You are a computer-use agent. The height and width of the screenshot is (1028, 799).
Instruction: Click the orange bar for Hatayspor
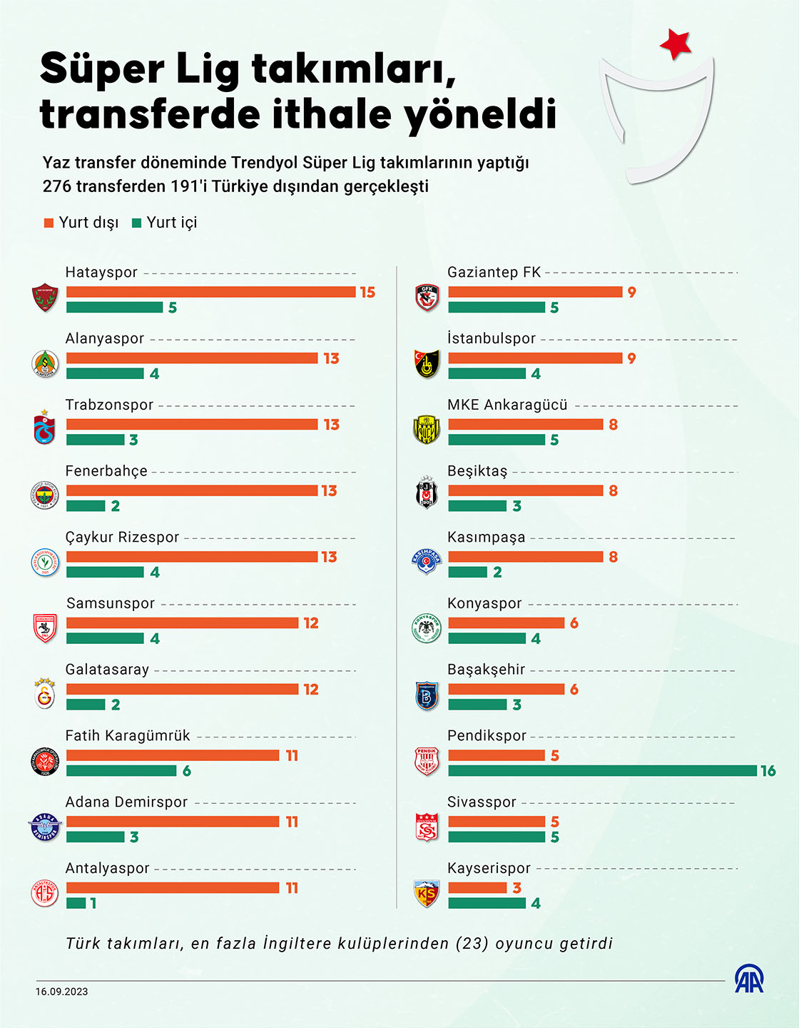tap(210, 292)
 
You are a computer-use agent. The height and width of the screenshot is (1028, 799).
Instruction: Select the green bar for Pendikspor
tap(602, 771)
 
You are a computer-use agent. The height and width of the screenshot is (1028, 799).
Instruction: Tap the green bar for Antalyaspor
tap(76, 903)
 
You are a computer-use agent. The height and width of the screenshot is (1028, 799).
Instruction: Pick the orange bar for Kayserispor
tap(477, 888)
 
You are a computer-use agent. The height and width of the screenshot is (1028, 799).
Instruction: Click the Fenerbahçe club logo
tap(45, 495)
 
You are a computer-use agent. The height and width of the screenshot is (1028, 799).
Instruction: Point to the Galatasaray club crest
tap(45, 693)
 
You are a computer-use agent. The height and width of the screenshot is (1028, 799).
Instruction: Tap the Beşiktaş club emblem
tap(427, 493)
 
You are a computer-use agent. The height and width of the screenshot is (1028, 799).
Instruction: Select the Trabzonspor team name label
tap(109, 405)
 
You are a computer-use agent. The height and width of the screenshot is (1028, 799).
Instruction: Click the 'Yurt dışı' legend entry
tap(81, 223)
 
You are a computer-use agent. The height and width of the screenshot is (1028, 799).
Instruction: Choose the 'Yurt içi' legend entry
tap(165, 223)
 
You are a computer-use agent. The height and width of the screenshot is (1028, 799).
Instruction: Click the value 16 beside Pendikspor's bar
tap(768, 771)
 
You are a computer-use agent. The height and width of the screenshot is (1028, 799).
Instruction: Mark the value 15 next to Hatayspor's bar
tap(367, 292)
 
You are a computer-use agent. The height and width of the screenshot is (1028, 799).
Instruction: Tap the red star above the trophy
tap(675, 44)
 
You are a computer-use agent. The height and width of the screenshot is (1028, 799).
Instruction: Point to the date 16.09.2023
tap(62, 992)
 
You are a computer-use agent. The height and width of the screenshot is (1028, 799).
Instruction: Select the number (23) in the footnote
tap(472, 944)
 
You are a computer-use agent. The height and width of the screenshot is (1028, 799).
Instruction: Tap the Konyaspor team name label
tap(484, 603)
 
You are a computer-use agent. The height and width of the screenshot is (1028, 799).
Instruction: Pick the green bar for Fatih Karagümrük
tap(121, 771)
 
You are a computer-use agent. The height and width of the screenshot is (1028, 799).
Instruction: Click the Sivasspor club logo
tap(427, 827)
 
